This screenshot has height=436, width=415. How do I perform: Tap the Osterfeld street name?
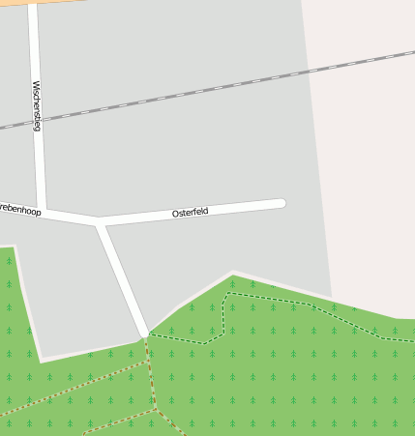tap(190, 212)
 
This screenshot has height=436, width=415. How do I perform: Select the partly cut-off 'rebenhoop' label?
tap(20, 209)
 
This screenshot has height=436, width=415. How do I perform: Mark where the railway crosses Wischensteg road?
tap(37, 121)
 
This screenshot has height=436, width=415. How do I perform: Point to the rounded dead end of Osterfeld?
tap(281, 203)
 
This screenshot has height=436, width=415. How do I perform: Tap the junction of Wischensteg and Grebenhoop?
tap(43, 211)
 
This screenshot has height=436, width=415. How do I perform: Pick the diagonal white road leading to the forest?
tap(122, 278)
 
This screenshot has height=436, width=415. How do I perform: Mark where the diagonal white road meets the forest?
tap(144, 334)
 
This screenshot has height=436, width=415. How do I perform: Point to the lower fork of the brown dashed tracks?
tap(156, 409)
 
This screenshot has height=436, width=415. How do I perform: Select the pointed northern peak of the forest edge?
tap(233, 274)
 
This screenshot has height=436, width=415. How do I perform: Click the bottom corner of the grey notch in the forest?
tap(42, 359)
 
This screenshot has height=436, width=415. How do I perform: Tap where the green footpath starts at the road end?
tap(148, 335)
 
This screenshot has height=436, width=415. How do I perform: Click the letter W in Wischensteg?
tap(37, 85)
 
